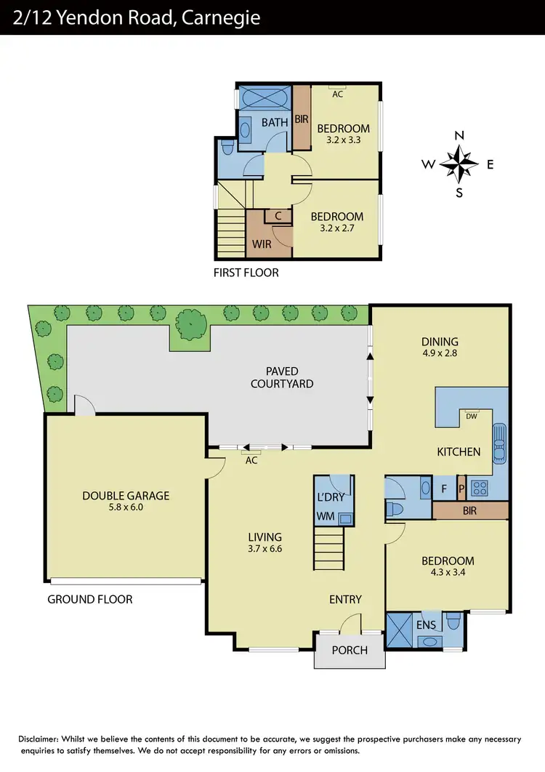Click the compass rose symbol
459,164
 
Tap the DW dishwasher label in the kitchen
471,416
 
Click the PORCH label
350,650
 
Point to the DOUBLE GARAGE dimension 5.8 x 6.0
125,507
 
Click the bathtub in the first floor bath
265,97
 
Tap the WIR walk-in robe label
261,244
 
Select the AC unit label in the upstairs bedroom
338,94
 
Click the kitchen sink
499,443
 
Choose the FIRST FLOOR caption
246,273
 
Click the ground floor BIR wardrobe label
469,511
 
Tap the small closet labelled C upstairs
278,216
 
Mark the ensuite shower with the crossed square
400,626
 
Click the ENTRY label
345,599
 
